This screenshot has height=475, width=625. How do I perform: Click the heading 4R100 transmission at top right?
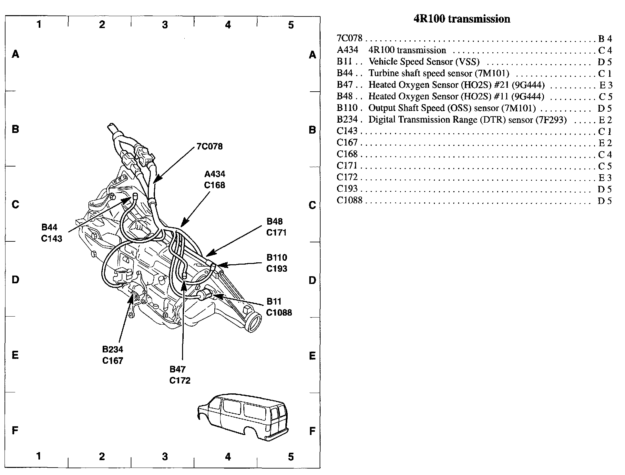tap(462, 19)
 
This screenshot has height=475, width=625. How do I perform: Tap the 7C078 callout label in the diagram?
tap(210, 147)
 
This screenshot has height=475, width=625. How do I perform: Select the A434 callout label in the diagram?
tap(215, 174)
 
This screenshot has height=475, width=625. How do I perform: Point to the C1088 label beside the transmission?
tap(279, 312)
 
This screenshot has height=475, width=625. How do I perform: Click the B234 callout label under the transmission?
tap(113, 349)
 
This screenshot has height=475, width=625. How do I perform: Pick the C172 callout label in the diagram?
tap(180, 380)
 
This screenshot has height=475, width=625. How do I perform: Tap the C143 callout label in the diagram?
tap(51, 238)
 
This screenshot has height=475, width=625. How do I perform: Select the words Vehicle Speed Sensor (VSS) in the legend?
tap(424, 62)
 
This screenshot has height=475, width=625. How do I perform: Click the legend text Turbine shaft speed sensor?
tap(439, 73)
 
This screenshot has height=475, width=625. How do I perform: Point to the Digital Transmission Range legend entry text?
tap(467, 120)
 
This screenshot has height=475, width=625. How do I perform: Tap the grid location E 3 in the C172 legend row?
tap(605, 178)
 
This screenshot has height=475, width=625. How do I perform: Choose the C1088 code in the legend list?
tap(350, 200)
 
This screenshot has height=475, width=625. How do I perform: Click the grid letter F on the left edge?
tap(15, 430)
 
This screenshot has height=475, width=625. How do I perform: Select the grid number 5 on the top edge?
tap(291, 25)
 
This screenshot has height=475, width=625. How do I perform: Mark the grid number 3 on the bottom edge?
tap(165, 457)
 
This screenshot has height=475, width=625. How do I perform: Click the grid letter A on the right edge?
tap(312, 55)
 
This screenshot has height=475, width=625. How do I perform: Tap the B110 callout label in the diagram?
tap(277, 258)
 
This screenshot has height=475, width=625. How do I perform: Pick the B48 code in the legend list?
tap(345, 96)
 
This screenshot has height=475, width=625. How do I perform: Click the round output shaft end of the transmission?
tap(253, 322)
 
